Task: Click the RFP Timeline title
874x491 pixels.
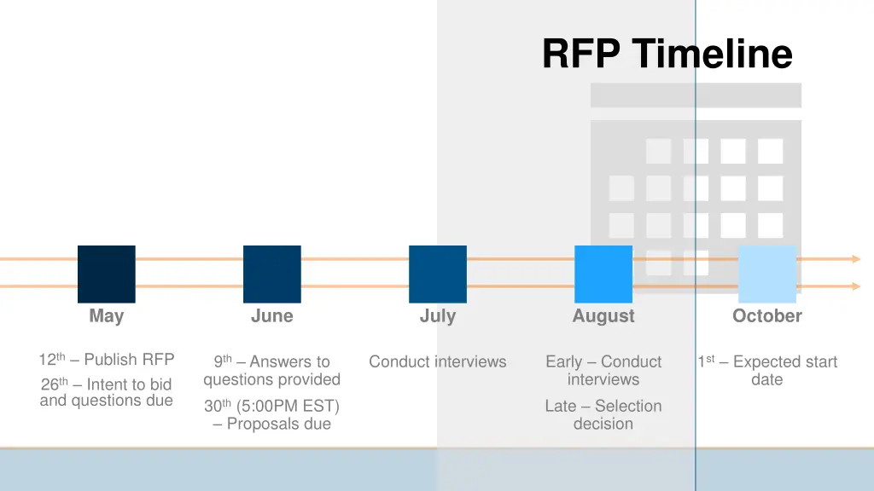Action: coord(667,54)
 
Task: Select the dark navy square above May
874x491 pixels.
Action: coord(107,274)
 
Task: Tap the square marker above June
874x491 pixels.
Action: coord(272,274)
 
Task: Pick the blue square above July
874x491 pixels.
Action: coord(438,274)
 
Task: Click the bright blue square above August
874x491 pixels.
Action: coord(603,274)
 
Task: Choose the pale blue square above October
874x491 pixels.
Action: coord(766,274)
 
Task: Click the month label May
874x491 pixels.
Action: coord(107,316)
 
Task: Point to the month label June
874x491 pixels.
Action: coord(272,316)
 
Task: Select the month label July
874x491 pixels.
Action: coord(438,316)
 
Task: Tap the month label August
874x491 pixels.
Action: coord(603,316)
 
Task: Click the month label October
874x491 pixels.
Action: coord(766,316)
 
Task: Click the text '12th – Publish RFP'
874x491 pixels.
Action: coord(107,359)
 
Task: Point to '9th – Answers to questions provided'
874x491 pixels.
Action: coord(272,371)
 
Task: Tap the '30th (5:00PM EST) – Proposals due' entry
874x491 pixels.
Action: coord(272,415)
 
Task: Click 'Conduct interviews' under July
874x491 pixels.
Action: coord(438,362)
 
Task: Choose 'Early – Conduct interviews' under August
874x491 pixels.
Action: coord(603,371)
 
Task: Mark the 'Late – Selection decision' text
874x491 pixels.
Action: coord(603,415)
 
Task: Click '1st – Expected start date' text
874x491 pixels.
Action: coord(766,371)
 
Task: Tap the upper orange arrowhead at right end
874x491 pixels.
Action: coord(855,258)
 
